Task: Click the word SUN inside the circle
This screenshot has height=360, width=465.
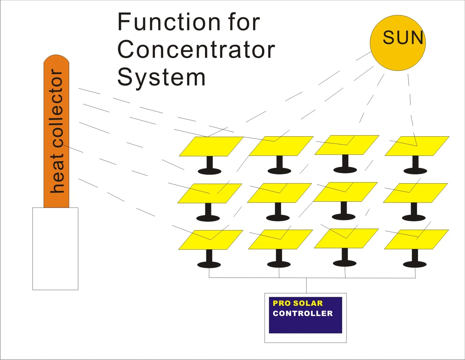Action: click(403, 37)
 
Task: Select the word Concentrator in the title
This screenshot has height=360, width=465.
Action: click(196, 50)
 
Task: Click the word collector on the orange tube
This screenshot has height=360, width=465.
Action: click(56, 108)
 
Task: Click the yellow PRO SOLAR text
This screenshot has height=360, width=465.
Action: click(298, 303)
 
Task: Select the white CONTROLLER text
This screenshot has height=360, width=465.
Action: click(302, 313)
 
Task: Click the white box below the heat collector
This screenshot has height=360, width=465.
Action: click(55, 249)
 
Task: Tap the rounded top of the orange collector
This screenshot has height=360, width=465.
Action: click(56, 60)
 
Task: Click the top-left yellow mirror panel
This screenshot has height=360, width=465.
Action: click(211, 146)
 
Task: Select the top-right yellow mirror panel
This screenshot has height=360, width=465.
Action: click(417, 146)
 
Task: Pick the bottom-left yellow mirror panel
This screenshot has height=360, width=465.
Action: click(210, 239)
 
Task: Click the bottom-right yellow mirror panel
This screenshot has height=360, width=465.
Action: click(416, 239)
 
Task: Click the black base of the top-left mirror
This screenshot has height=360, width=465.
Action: click(209, 171)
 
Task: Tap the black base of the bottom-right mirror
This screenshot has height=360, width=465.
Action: click(415, 264)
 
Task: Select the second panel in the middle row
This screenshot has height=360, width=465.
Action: click(279, 193)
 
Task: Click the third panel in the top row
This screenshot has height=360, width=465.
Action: click(346, 145)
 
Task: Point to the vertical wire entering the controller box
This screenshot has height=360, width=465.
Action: click(306, 285)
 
